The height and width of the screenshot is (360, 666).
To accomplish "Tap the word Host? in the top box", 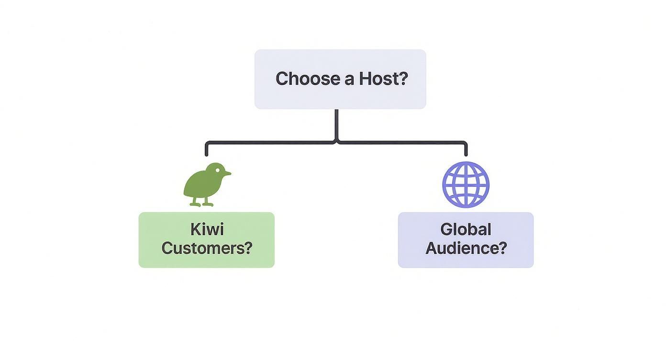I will (x=383, y=79).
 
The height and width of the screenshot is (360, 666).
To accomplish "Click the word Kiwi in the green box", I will (x=207, y=229).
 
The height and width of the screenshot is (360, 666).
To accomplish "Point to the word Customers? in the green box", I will (x=207, y=248).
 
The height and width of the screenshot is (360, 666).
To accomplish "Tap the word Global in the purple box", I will (x=466, y=229).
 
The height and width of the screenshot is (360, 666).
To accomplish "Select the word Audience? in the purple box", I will (x=466, y=248).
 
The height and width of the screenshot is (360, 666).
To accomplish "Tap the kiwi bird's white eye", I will (x=218, y=170).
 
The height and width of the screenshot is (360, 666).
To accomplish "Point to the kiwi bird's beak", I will (x=227, y=173).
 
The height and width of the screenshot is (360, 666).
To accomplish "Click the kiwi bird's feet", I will (x=201, y=204).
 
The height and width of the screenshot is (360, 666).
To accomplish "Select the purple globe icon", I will (x=466, y=184).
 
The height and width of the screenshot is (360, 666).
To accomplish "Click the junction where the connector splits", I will (x=336, y=142).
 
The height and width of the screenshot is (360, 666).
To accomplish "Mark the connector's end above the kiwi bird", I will (x=207, y=153).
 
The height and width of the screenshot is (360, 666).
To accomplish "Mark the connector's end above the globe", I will (x=466, y=153).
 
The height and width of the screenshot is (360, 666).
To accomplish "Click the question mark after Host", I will (x=403, y=79).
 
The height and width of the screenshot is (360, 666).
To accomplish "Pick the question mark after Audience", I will (x=502, y=248).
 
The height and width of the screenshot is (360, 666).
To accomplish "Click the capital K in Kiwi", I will (x=195, y=229).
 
